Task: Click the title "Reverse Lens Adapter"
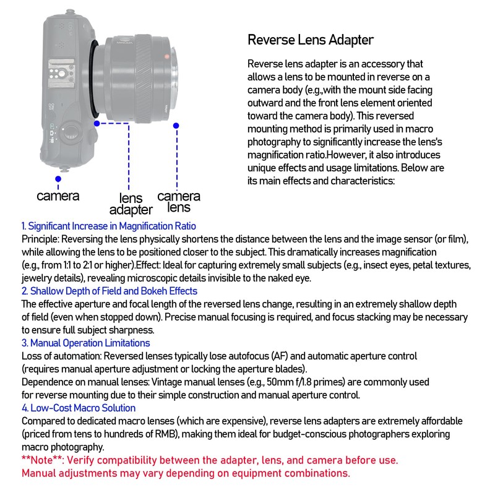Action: [x=311, y=40]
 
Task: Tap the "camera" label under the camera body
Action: [x=58, y=196]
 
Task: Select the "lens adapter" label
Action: [x=131, y=204]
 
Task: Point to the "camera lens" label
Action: [x=179, y=202]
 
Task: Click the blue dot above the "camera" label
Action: [x=58, y=179]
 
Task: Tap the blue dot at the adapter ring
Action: [x=97, y=123]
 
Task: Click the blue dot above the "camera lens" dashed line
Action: [x=176, y=126]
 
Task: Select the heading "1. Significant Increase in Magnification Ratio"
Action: [x=109, y=226]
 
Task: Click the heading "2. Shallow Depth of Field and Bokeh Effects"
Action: [x=110, y=291]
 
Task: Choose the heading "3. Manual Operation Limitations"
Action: [x=85, y=343]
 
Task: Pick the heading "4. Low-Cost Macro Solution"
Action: [x=79, y=408]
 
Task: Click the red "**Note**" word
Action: [x=41, y=460]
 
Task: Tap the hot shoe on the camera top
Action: [x=61, y=74]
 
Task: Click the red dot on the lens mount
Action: [x=166, y=57]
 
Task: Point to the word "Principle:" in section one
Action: [x=40, y=239]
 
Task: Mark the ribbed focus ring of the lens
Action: [x=144, y=79]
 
